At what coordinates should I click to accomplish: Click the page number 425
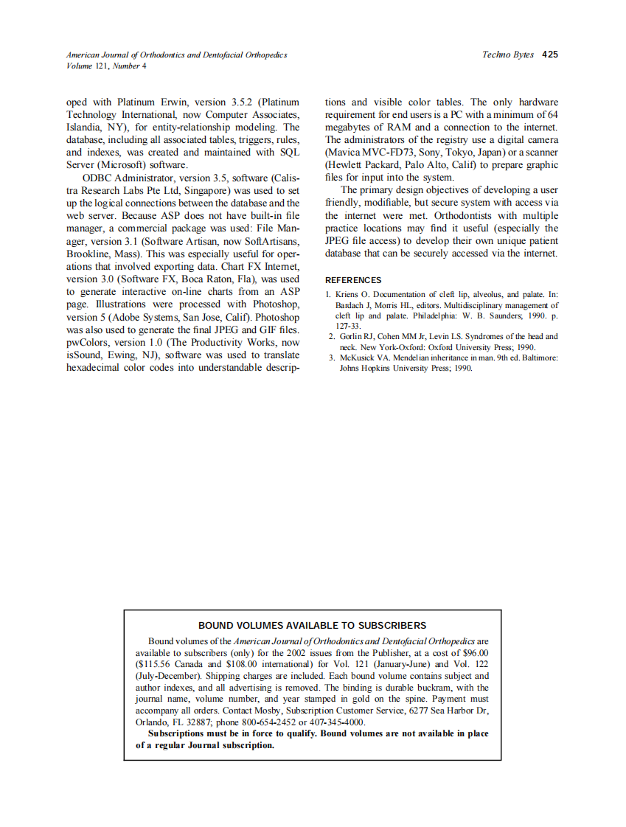[549, 55]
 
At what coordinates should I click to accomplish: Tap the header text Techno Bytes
[508, 55]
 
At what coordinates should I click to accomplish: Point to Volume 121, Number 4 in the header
[106, 66]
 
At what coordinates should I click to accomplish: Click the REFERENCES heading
[353, 280]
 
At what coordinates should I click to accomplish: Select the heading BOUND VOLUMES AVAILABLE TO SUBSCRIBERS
[312, 626]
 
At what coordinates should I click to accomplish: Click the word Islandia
[87, 128]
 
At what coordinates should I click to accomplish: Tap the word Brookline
[89, 254]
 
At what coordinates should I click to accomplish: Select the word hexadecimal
[98, 367]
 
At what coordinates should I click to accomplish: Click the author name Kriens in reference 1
[349, 295]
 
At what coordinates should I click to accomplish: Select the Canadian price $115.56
[154, 664]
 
